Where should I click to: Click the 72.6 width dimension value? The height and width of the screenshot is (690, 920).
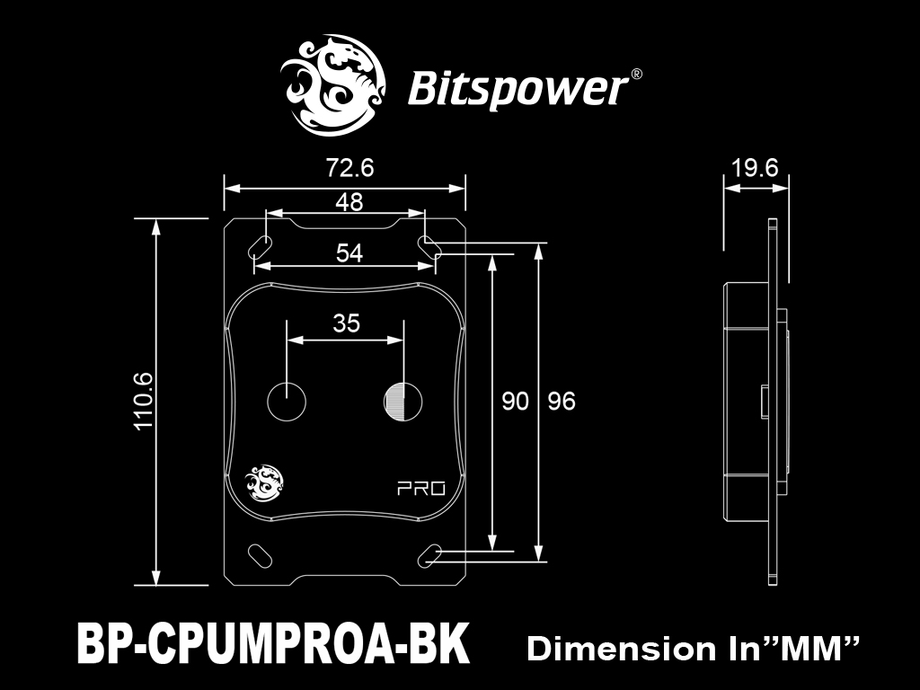(349, 168)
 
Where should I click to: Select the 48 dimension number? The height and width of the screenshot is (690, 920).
(349, 202)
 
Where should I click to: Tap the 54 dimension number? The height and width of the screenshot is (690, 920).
(349, 252)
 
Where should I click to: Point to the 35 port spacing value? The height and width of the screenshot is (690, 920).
(346, 323)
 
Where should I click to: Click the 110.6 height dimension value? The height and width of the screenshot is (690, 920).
(144, 402)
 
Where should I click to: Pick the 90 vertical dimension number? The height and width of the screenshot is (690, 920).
(515, 402)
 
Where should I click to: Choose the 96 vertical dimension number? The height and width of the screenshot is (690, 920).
(562, 402)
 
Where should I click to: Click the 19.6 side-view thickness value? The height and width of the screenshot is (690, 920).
(755, 168)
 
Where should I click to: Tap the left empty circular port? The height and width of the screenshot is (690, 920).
(287, 402)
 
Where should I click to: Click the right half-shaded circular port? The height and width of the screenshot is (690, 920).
(403, 402)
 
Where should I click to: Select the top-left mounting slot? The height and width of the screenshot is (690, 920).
(261, 246)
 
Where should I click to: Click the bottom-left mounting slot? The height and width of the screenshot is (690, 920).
(260, 555)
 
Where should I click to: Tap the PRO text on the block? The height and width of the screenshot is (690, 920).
(421, 488)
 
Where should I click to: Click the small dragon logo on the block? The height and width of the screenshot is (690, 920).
(263, 483)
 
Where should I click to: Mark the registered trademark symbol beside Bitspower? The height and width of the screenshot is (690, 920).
(636, 75)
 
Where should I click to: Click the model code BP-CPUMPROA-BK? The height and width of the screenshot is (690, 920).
(273, 643)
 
